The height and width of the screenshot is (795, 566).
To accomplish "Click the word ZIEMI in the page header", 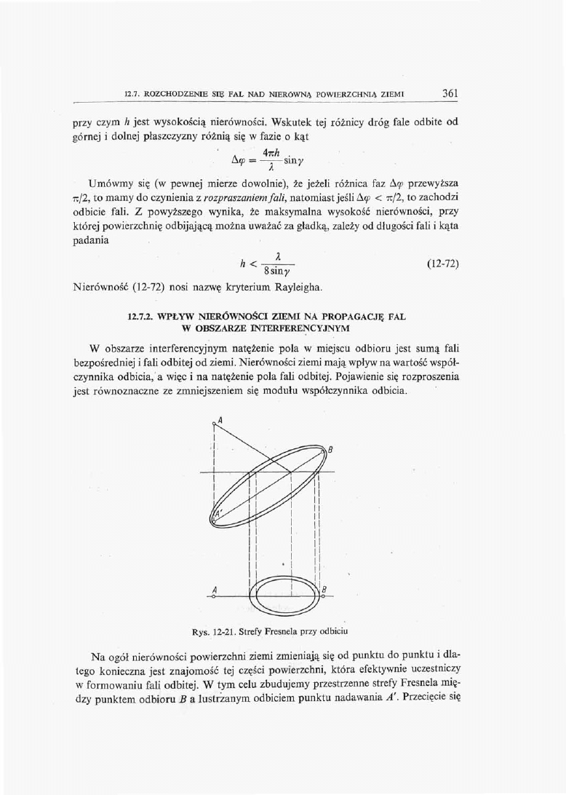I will (x=390, y=95).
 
